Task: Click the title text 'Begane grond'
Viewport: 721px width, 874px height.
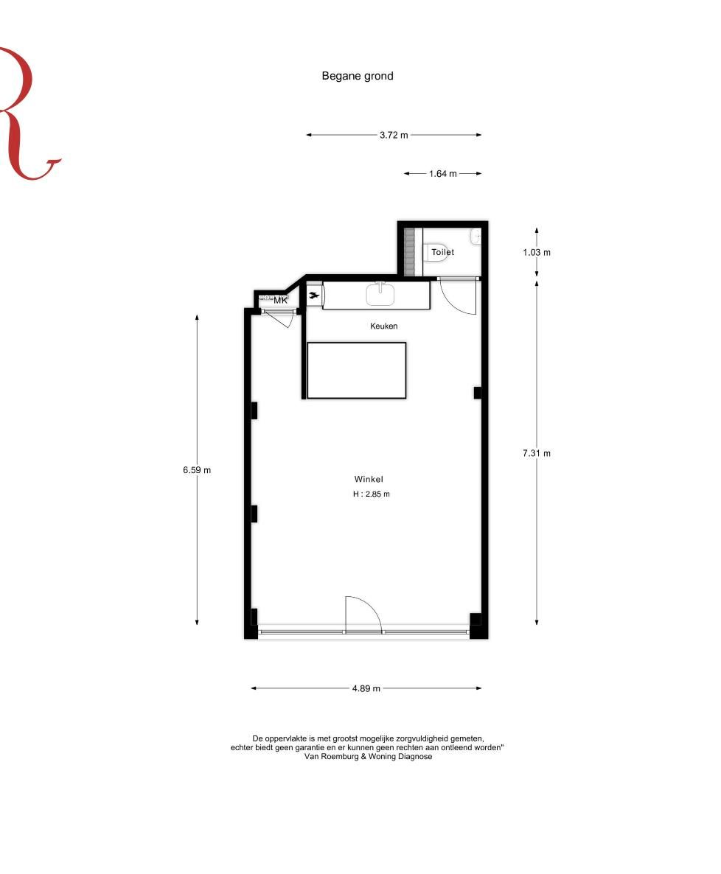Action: [358, 75]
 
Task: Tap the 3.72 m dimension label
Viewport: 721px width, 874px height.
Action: [394, 135]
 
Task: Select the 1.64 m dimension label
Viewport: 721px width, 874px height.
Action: [443, 174]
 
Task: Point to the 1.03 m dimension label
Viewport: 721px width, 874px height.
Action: [537, 252]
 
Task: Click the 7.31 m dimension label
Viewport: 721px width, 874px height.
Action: [537, 453]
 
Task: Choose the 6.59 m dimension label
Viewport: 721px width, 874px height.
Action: [197, 470]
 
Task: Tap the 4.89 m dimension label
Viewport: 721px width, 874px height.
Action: [366, 688]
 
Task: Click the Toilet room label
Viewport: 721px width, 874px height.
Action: [443, 252]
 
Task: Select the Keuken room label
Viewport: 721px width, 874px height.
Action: [383, 325]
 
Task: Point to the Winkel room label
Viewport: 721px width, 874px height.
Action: [369, 479]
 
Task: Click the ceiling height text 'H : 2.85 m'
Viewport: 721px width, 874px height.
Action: [371, 494]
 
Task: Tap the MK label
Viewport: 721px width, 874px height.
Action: [280, 301]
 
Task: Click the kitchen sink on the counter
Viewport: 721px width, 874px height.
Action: [380, 294]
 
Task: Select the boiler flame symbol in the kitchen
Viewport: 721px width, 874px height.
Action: [314, 296]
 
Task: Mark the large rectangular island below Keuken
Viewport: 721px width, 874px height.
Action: [356, 370]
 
